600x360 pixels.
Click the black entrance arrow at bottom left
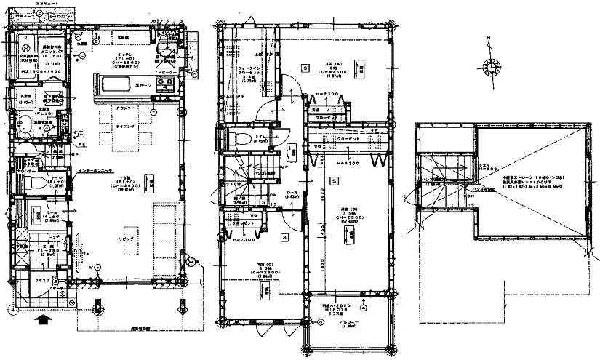43,318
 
